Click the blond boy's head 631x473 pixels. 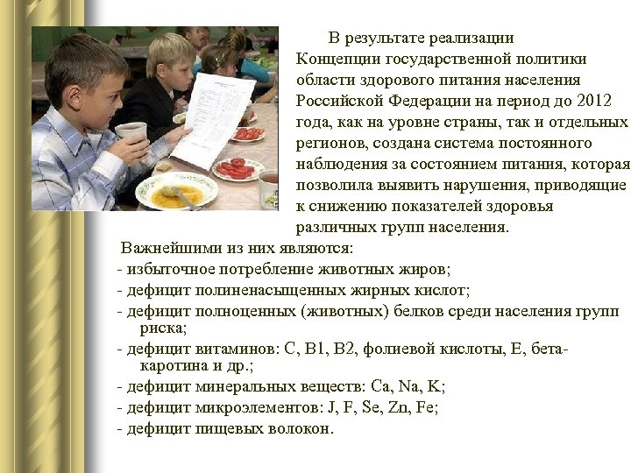point(168,57)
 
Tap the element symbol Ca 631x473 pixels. point(380,386)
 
